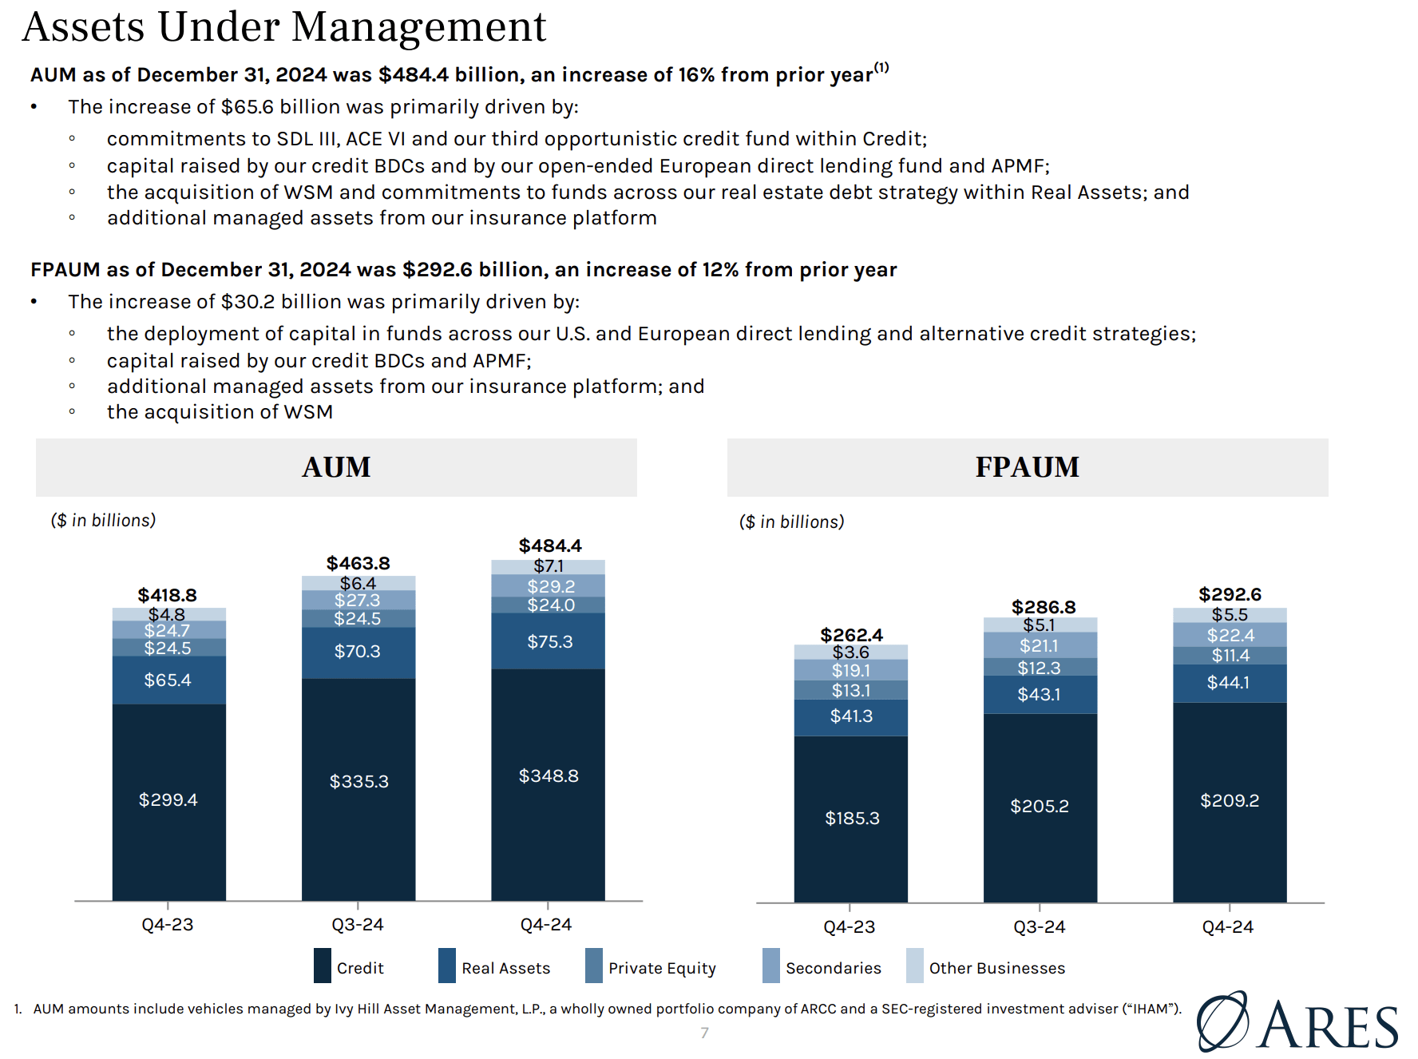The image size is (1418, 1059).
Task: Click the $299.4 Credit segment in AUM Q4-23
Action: [168, 799]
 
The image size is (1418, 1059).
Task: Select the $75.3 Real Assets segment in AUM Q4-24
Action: [549, 641]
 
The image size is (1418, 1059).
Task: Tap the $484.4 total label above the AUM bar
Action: [550, 545]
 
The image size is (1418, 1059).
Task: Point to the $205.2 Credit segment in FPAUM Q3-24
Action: [1040, 806]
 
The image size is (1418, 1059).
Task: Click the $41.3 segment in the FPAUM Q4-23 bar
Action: [851, 716]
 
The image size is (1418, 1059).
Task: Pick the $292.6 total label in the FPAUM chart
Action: [1230, 594]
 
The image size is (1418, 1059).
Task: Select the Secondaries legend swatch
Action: [770, 966]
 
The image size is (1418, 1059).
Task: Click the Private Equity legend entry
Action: [661, 968]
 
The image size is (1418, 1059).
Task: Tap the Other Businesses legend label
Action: [996, 968]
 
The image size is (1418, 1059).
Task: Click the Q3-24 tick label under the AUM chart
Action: [358, 924]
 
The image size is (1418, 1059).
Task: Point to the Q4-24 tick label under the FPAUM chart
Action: [1228, 926]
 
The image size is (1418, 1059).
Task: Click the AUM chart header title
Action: [336, 467]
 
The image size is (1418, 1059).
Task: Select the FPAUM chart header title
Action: [1027, 467]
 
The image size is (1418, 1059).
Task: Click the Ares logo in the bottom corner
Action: [1297, 1022]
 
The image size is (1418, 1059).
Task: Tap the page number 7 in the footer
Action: [704, 1033]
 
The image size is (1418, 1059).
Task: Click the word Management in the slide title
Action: [418, 27]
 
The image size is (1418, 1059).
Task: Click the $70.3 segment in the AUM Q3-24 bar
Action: [358, 652]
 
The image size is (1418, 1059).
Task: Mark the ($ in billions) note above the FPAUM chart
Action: [791, 522]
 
